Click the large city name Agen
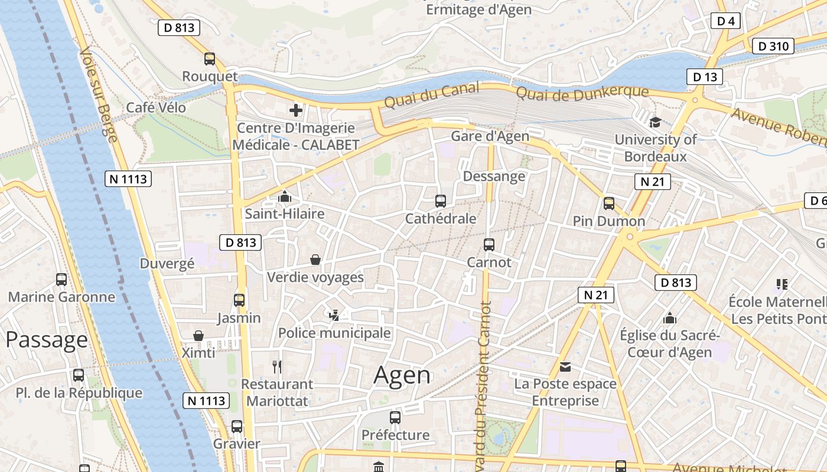pos(402,375)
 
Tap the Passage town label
pos(47,340)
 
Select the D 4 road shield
pos(725,21)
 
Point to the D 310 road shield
pos(772,46)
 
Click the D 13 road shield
pos(705,77)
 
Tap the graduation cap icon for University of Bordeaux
pos(655,122)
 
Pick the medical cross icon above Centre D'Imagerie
pos(295,110)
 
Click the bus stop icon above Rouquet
pos(210,59)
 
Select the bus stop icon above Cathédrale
pos(441,201)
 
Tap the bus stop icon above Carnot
pos(489,244)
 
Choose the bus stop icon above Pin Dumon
pos(609,204)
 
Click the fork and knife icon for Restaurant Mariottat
pos(277,367)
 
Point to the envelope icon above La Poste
pos(565,367)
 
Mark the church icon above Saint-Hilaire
pos(285,196)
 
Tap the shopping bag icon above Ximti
pos(198,336)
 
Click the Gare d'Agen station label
pos(490,136)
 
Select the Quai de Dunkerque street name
pos(582,93)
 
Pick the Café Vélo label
pos(156,107)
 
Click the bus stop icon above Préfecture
pos(395,418)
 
